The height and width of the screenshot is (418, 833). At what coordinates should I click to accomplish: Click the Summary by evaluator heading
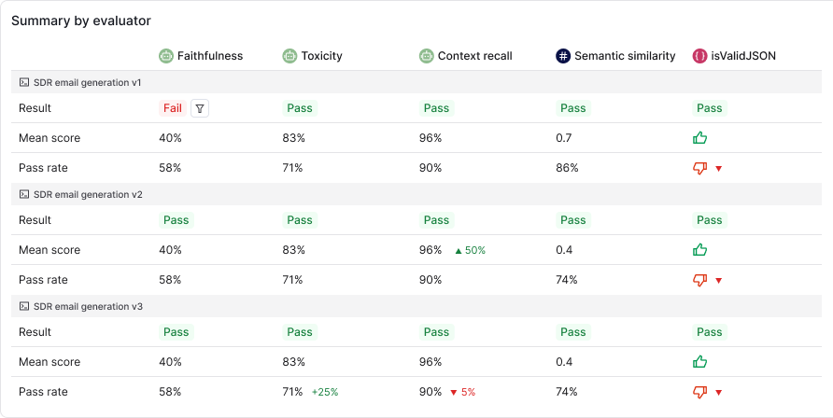[x=80, y=21]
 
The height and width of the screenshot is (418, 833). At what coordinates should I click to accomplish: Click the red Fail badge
[x=173, y=108]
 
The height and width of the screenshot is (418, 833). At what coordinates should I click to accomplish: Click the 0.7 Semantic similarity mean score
[x=563, y=138]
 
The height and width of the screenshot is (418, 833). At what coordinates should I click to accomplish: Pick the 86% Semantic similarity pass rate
[x=567, y=168]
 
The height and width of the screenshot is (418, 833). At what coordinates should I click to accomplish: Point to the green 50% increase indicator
[x=470, y=250]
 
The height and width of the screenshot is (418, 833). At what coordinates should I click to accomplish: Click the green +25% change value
[x=326, y=392]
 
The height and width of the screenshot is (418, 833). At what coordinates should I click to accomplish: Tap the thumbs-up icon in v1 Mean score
[x=700, y=138]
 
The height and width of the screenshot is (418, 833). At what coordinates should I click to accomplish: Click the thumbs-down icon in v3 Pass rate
[x=700, y=392]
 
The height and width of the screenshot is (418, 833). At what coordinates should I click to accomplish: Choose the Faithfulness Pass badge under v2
[x=176, y=220]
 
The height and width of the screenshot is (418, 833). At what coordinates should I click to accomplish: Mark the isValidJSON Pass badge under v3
[x=709, y=332]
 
